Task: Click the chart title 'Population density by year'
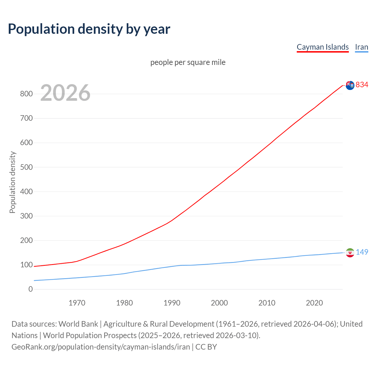(89, 29)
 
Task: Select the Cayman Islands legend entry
(323, 47)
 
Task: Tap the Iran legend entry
(361, 47)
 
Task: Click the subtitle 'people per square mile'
(188, 62)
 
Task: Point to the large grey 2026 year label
(65, 93)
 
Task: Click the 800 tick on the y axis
(26, 94)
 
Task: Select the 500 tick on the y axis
(26, 167)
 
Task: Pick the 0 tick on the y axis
(31, 289)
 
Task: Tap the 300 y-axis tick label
(26, 216)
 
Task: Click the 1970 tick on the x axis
(77, 303)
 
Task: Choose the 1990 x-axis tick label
(172, 303)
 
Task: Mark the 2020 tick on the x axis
(314, 303)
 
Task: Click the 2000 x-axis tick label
(219, 303)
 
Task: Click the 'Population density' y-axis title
(12, 182)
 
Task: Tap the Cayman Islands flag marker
(350, 85)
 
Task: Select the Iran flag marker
(350, 253)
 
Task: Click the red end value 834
(362, 85)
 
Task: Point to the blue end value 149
(362, 252)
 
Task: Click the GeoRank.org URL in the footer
(101, 347)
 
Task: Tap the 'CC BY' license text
(206, 347)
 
